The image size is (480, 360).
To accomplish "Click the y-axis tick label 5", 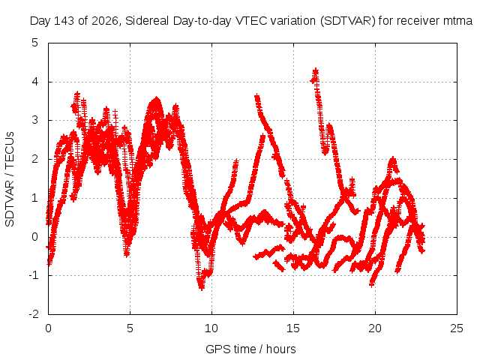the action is pos(35,43).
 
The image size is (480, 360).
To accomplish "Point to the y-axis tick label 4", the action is pos(35,82).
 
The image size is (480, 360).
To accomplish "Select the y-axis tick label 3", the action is pos(35,120).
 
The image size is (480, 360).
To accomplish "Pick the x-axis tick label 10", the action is pos(211,328).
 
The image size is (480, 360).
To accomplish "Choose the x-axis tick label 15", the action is pos(293,328).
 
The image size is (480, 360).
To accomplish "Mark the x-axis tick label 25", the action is pos(457,328).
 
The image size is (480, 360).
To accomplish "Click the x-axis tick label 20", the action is pos(375,328).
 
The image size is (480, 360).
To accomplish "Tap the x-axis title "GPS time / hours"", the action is pos(250,349).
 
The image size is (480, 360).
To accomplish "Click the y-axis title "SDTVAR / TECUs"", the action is pos(10,179).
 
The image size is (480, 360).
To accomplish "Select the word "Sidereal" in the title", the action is pos(147,21).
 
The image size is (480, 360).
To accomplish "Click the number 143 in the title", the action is pos(64,21).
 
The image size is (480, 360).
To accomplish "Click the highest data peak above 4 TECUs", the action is pos(315,71).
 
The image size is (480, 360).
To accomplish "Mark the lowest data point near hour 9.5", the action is pos(202,288).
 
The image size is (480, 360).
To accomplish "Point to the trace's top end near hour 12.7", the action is pos(256,97).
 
